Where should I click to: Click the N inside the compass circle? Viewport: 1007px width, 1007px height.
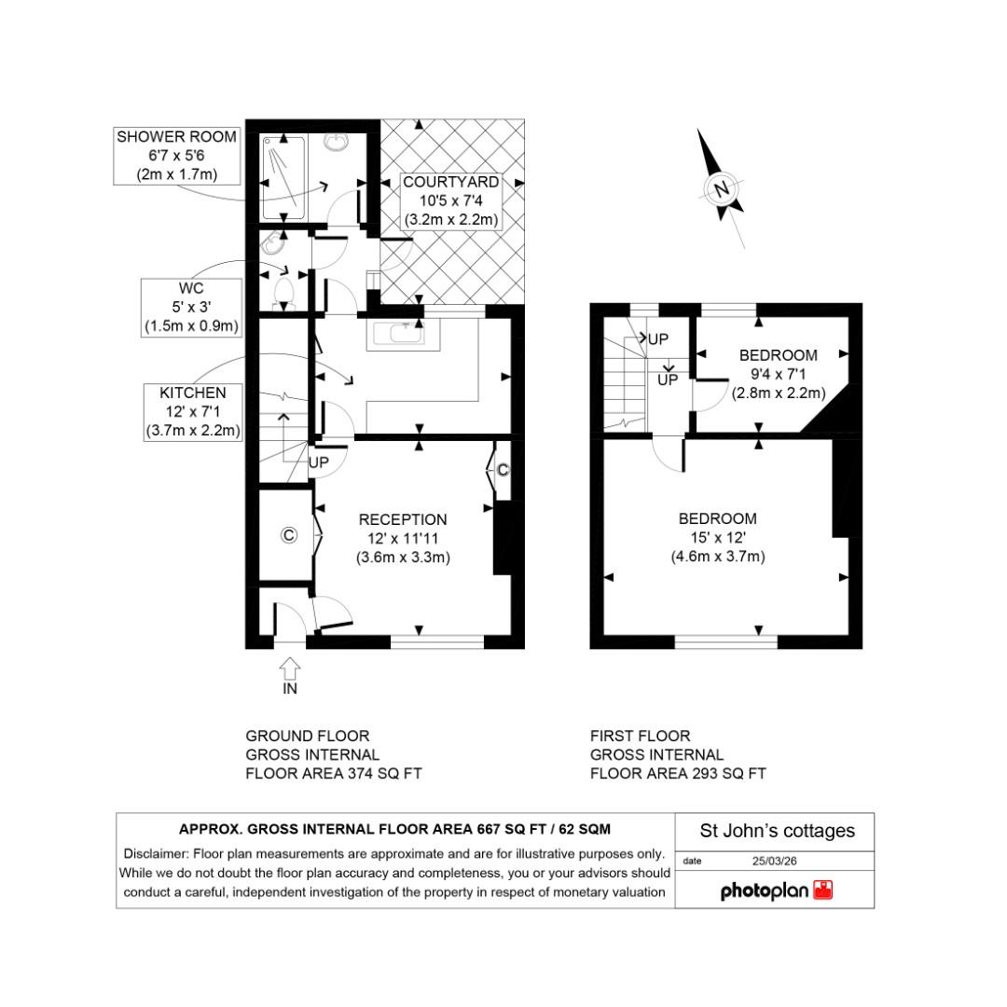[x=721, y=190]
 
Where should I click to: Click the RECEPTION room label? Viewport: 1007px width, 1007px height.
[x=403, y=519]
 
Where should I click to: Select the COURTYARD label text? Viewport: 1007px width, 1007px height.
[x=451, y=182]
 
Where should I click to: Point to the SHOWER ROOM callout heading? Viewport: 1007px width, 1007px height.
[x=176, y=137]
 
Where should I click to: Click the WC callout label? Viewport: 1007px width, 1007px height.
[x=191, y=289]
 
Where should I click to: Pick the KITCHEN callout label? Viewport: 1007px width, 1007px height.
[x=193, y=393]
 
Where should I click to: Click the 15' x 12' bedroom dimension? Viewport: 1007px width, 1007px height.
[x=717, y=538]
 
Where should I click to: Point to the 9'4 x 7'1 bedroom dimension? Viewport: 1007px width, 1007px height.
[x=778, y=374]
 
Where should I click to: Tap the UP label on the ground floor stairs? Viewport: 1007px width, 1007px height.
[x=319, y=462]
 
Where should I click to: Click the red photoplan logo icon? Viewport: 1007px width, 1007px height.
[x=823, y=890]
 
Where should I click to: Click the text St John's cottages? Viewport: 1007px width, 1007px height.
[x=777, y=831]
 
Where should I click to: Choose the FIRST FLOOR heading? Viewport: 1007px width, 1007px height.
[x=641, y=737]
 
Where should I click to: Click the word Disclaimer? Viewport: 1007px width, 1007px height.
[x=155, y=854]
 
